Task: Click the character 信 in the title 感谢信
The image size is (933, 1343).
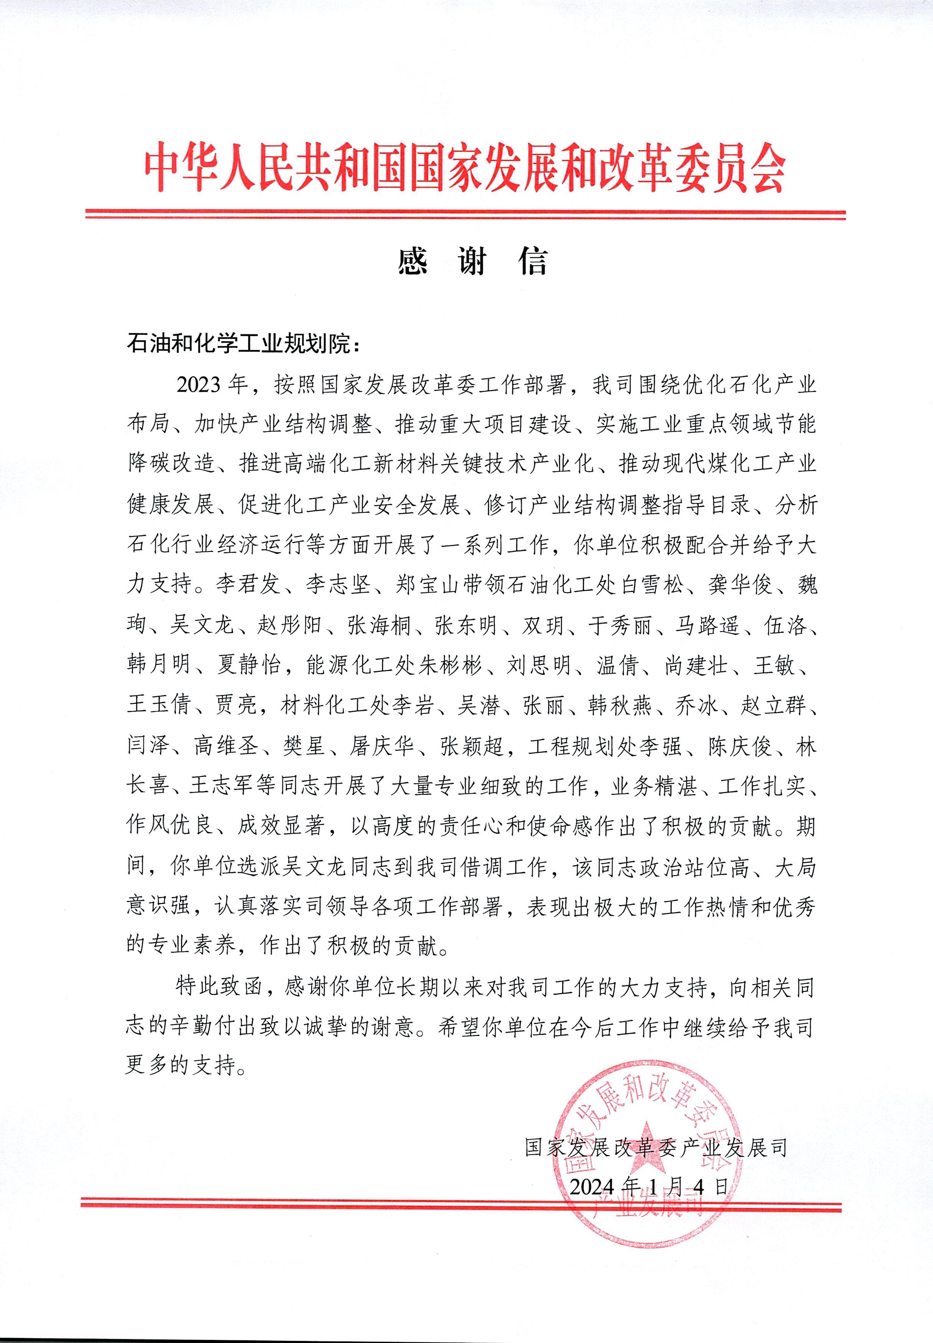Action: coord(533,261)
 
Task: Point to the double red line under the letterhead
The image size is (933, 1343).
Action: coord(466,214)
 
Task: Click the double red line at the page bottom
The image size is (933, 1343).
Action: coord(462,1204)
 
